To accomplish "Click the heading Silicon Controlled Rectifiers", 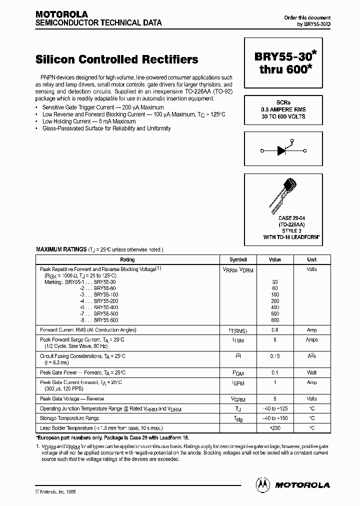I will (x=117, y=59).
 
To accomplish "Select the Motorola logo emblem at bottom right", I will (x=262, y=484).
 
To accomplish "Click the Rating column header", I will (x=127, y=259).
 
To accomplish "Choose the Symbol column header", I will (x=238, y=259).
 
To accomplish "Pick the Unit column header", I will (x=311, y=259).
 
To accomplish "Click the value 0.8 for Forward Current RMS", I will (x=275, y=330).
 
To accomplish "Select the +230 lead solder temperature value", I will (x=275, y=428).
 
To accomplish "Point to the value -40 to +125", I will (x=275, y=408).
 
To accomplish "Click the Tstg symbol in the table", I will (x=238, y=418).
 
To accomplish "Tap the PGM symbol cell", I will (x=238, y=373).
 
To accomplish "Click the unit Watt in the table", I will (x=311, y=373).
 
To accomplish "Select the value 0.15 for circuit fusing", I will (x=275, y=356).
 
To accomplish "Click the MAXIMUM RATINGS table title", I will (x=61, y=249).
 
